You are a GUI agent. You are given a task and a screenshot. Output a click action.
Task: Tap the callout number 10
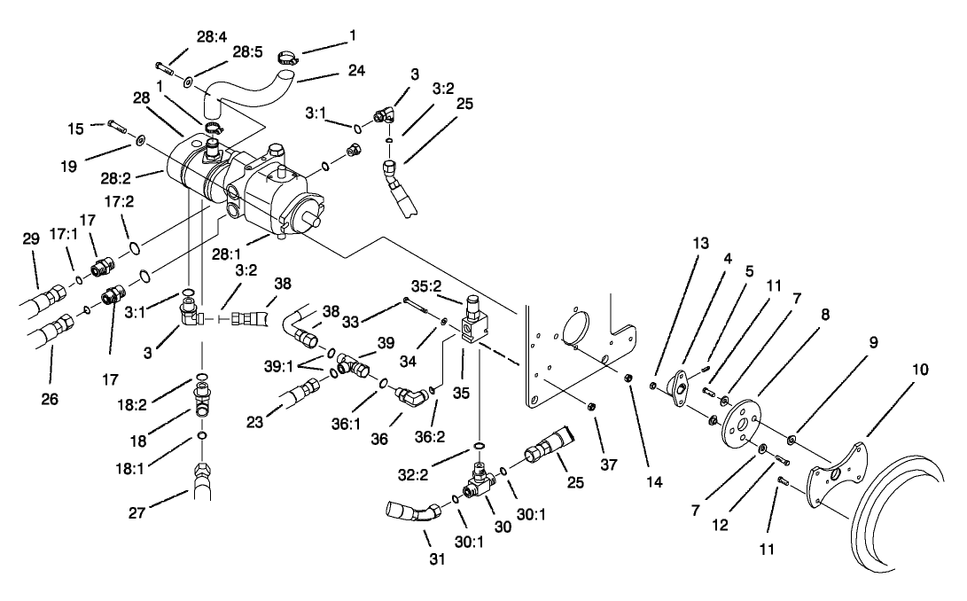click(x=921, y=370)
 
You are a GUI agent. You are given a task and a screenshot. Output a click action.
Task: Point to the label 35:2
click(x=428, y=287)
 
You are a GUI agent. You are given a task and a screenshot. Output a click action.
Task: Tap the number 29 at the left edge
click(x=31, y=241)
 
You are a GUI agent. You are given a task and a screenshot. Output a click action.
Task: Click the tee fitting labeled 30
click(x=479, y=481)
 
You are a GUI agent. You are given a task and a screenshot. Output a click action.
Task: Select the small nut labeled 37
click(x=589, y=406)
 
